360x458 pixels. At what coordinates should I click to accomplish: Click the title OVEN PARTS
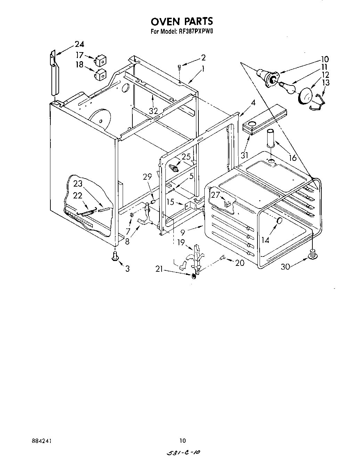(x=181, y=22)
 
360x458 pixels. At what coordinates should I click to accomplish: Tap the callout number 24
(x=79, y=44)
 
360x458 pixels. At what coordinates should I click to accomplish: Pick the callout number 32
(x=153, y=111)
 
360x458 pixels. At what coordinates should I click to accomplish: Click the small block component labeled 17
(x=101, y=60)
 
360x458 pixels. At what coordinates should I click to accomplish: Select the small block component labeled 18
(x=101, y=74)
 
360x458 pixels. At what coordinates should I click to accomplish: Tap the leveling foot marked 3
(x=115, y=256)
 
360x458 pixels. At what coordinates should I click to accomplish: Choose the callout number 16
(x=293, y=158)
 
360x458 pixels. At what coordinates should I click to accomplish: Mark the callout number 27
(x=215, y=195)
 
